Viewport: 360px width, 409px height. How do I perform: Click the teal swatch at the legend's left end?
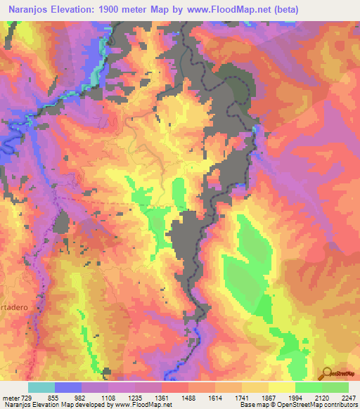tap(41, 387)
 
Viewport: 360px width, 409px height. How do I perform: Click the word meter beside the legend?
tap(11, 397)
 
